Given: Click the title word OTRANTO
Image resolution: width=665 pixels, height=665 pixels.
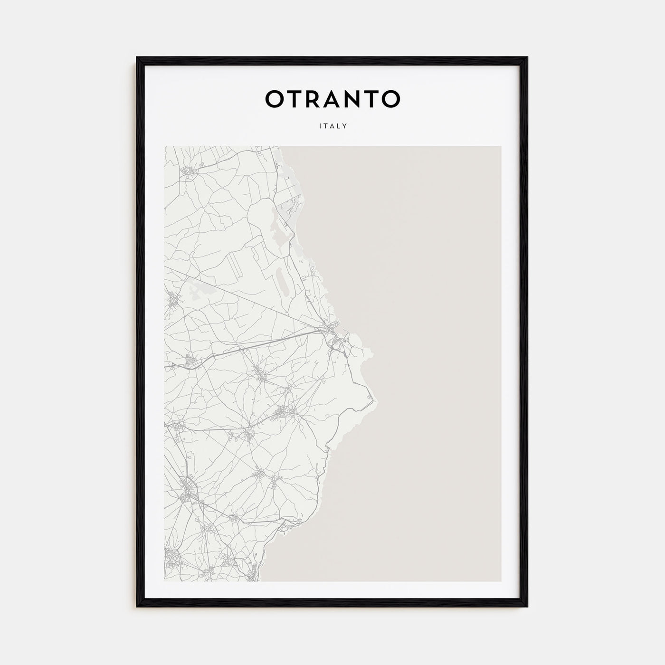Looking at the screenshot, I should (x=332, y=99).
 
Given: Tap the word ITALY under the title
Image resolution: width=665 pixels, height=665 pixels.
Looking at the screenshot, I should (x=332, y=126).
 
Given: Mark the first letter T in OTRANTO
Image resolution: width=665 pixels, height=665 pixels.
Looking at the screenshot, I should (x=293, y=99).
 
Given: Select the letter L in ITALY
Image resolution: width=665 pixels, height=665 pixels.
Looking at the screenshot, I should (x=339, y=126).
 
